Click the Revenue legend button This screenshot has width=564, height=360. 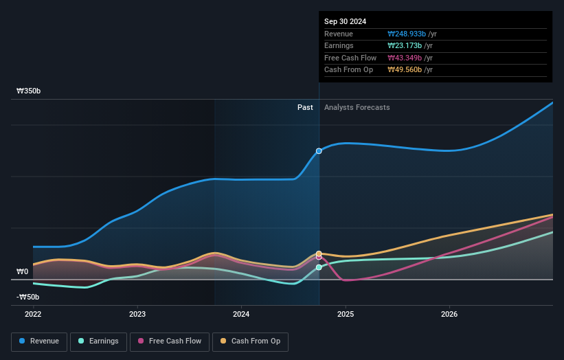[x=39, y=341]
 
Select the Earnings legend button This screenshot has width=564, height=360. [x=98, y=341]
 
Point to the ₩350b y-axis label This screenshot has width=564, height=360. [x=28, y=91]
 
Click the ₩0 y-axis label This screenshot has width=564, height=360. [x=23, y=271]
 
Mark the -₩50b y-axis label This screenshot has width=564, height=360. [x=28, y=297]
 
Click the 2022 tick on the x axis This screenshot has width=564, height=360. [x=33, y=314]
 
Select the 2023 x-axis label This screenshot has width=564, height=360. [x=137, y=314]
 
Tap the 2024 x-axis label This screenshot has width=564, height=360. [x=241, y=314]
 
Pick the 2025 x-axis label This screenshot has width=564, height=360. [x=346, y=314]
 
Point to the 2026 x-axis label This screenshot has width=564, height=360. [x=449, y=314]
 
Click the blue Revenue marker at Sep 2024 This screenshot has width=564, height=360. [x=319, y=150]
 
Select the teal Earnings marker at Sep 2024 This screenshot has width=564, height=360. [x=319, y=267]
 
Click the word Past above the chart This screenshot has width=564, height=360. [x=305, y=107]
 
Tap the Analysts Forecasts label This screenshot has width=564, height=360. [x=357, y=107]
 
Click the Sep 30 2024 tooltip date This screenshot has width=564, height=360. [x=346, y=21]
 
